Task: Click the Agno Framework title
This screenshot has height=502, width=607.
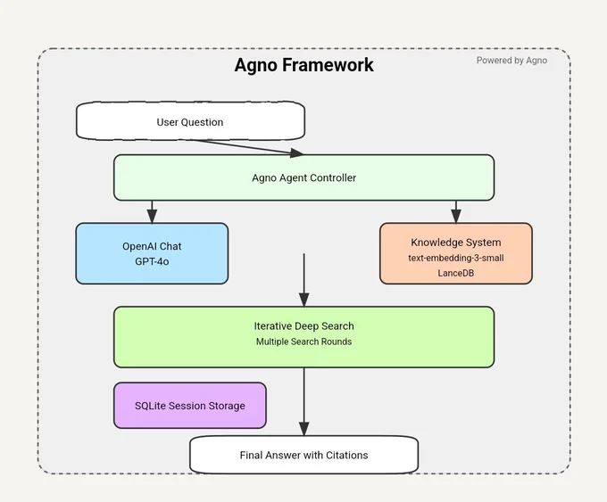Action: (x=303, y=65)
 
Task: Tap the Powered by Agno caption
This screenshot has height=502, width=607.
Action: (x=511, y=61)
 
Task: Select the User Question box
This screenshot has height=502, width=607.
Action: (x=190, y=121)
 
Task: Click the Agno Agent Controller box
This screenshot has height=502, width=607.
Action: (x=303, y=177)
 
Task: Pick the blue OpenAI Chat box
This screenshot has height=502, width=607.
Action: (x=152, y=253)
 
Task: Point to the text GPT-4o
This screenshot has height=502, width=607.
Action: (x=152, y=261)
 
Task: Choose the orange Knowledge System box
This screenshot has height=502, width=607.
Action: (x=456, y=253)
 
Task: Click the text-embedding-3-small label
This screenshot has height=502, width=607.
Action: (x=456, y=258)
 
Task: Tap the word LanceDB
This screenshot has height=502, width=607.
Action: (x=456, y=273)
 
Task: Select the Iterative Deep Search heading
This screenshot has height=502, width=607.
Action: (x=303, y=326)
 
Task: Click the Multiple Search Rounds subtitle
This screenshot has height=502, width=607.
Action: (x=303, y=342)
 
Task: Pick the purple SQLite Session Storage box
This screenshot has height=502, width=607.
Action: (x=190, y=406)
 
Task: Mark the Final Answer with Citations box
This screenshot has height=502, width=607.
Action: (x=303, y=455)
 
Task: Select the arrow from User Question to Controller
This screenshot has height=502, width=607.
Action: (x=248, y=147)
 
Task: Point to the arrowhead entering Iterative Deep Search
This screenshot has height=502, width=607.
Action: (x=303, y=300)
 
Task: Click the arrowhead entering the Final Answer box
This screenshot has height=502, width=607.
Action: (x=303, y=429)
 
